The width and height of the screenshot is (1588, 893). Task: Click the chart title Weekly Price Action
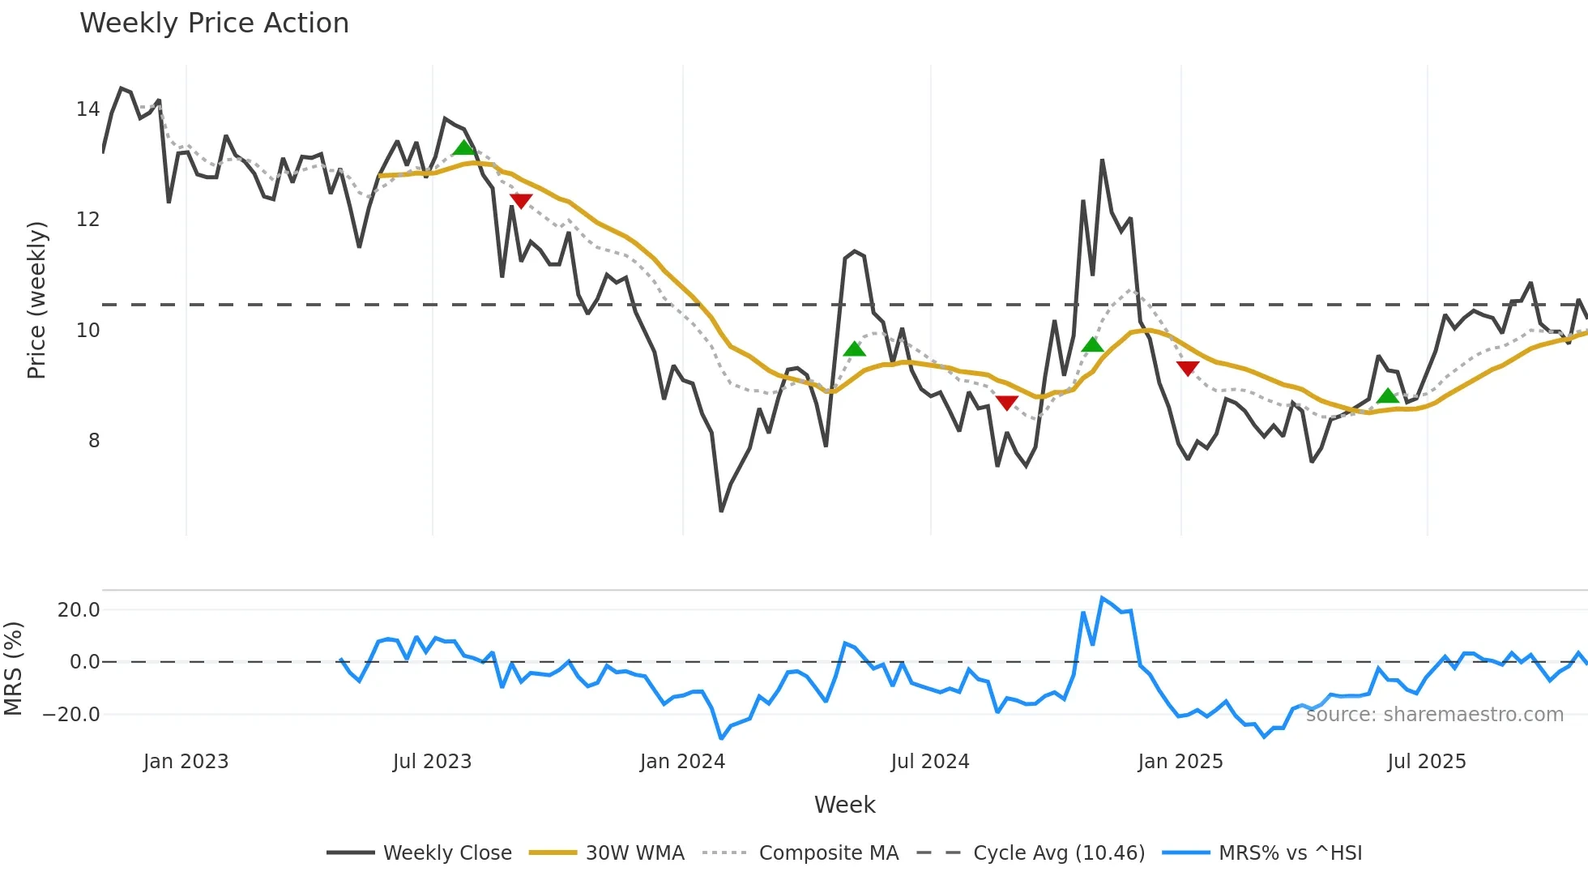point(214,23)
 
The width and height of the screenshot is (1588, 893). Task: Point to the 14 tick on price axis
point(88,109)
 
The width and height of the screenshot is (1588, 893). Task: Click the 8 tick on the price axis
point(94,441)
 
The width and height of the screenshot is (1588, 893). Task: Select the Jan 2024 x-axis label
point(681,762)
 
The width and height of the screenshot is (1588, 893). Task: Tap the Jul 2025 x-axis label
point(1426,762)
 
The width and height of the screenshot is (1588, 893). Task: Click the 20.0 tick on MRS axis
point(79,610)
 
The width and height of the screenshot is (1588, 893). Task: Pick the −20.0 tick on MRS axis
point(71,715)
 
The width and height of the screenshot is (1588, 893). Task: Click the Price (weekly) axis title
point(36,300)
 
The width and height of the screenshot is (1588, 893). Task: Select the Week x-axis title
point(844,805)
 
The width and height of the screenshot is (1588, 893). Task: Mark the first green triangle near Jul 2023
point(463,147)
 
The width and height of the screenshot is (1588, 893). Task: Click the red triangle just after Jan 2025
point(1188,369)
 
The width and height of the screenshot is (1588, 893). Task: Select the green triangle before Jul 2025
point(1388,396)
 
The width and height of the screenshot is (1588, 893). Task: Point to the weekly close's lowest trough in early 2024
point(721,511)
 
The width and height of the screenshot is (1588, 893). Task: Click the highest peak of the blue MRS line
point(1102,598)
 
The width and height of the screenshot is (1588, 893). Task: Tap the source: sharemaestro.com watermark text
point(1434,715)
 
